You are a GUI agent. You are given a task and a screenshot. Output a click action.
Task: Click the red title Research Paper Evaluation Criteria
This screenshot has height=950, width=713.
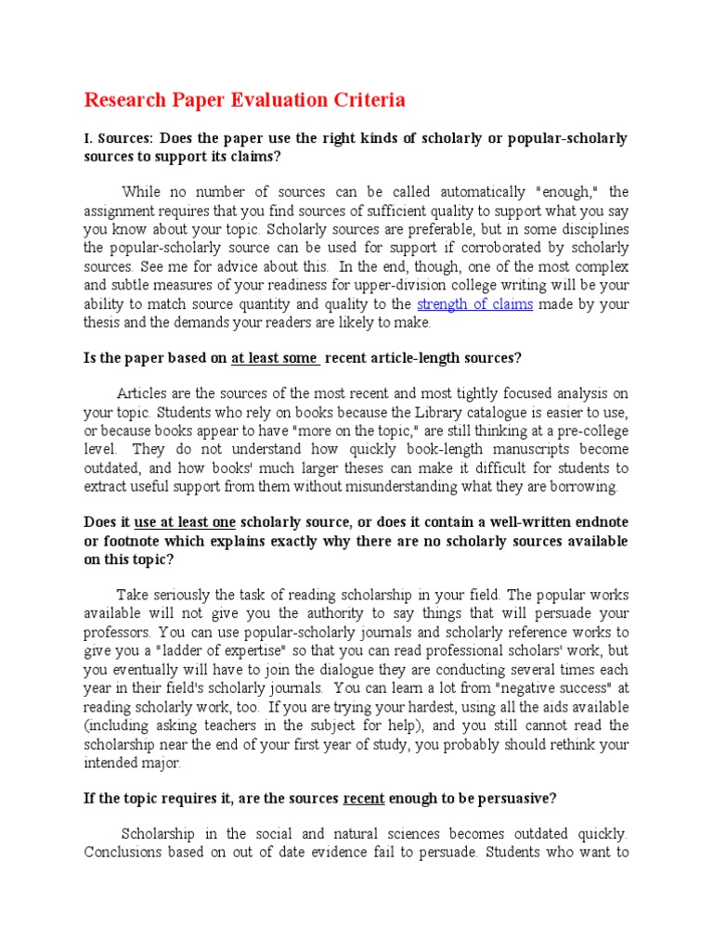tap(245, 99)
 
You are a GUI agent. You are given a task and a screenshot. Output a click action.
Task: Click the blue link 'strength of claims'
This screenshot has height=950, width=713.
tap(474, 304)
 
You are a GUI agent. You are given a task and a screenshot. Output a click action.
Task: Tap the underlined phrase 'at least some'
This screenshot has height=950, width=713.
tap(275, 358)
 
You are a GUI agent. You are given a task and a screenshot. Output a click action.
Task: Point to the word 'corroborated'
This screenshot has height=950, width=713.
tap(504, 249)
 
